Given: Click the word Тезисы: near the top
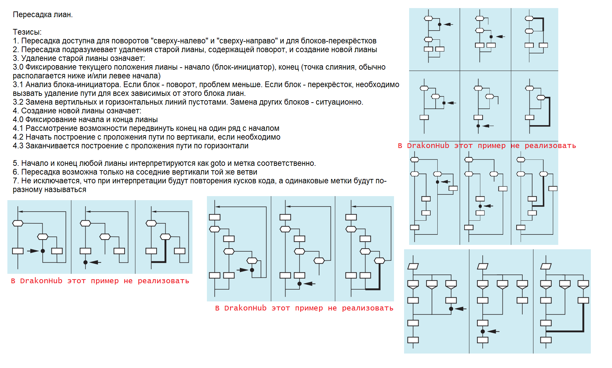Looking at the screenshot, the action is click(27, 32).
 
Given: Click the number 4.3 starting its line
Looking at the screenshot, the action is click(18, 146).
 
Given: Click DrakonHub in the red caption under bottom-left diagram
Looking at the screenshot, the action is click(41, 281).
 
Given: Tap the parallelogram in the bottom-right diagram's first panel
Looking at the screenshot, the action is click(413, 266).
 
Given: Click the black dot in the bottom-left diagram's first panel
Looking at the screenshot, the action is click(43, 251).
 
